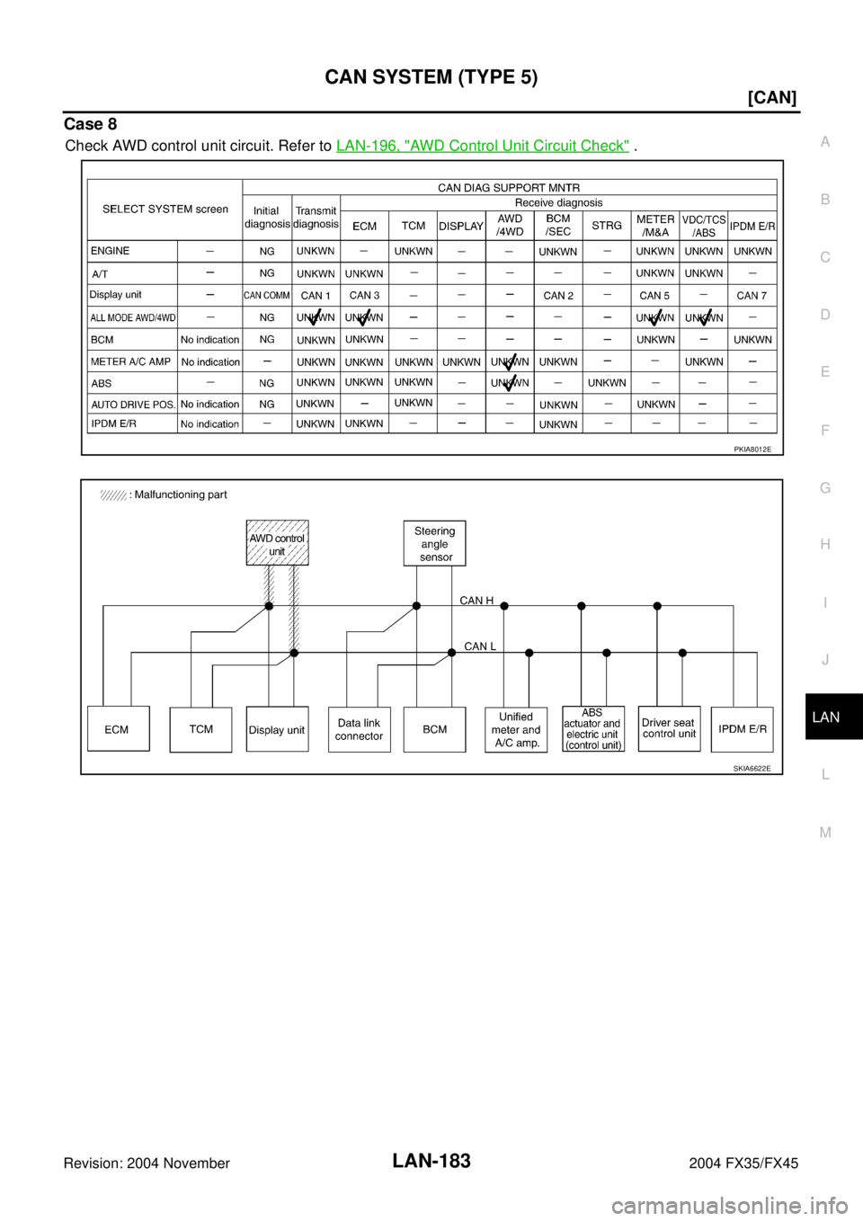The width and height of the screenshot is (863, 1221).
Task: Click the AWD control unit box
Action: point(277,542)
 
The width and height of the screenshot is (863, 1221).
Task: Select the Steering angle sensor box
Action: point(434,543)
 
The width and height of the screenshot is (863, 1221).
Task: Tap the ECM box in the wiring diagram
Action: point(119,729)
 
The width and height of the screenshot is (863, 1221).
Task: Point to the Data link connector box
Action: point(359,729)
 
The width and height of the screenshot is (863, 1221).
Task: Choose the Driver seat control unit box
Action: point(669,729)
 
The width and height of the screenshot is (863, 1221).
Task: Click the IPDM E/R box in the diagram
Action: point(742,729)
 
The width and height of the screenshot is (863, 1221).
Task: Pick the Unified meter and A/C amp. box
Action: point(516,730)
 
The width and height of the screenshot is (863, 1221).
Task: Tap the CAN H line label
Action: point(476,600)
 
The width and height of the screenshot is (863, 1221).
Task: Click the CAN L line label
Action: point(480,646)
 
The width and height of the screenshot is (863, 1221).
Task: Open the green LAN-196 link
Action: point(483,146)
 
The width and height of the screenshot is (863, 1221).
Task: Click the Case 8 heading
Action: point(91,124)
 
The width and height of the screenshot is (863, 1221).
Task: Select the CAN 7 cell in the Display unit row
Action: point(752,296)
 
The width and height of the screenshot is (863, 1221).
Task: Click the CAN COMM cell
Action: point(266,296)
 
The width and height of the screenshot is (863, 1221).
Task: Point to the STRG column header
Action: point(607,225)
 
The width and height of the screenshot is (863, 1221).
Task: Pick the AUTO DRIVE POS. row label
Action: point(133,405)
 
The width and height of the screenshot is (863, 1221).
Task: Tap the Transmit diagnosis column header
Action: point(316,217)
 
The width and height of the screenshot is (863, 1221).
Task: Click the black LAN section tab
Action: point(833,717)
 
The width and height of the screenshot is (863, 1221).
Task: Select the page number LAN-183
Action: point(431,1161)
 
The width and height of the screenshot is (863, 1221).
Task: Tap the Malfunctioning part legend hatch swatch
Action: point(113,495)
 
